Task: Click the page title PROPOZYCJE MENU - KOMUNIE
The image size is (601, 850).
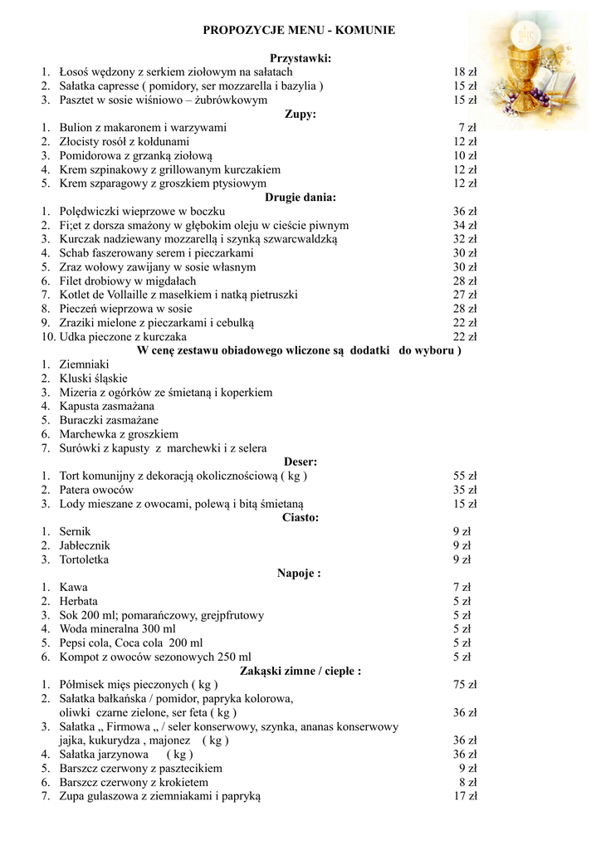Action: click(x=299, y=30)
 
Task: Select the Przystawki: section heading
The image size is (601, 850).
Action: click(x=300, y=58)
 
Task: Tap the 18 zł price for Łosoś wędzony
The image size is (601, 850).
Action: click(x=465, y=72)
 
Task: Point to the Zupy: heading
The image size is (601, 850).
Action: click(x=300, y=114)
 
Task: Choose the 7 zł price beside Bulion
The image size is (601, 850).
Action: click(x=467, y=128)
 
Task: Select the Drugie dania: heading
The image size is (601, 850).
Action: click(x=300, y=198)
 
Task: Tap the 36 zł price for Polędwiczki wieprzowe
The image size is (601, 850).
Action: click(x=465, y=212)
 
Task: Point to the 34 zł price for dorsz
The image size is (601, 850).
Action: click(x=465, y=225)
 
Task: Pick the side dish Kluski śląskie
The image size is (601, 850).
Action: click(x=94, y=379)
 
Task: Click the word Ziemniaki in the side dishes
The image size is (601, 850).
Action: click(x=84, y=364)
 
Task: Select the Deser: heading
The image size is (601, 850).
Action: click(x=300, y=462)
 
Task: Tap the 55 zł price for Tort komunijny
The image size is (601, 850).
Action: click(x=465, y=476)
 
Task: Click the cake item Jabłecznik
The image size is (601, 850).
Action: click(x=85, y=545)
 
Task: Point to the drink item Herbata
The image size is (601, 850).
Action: click(x=78, y=601)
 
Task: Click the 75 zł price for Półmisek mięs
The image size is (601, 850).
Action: click(x=465, y=685)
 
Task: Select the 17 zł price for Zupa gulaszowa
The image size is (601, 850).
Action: click(x=465, y=796)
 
